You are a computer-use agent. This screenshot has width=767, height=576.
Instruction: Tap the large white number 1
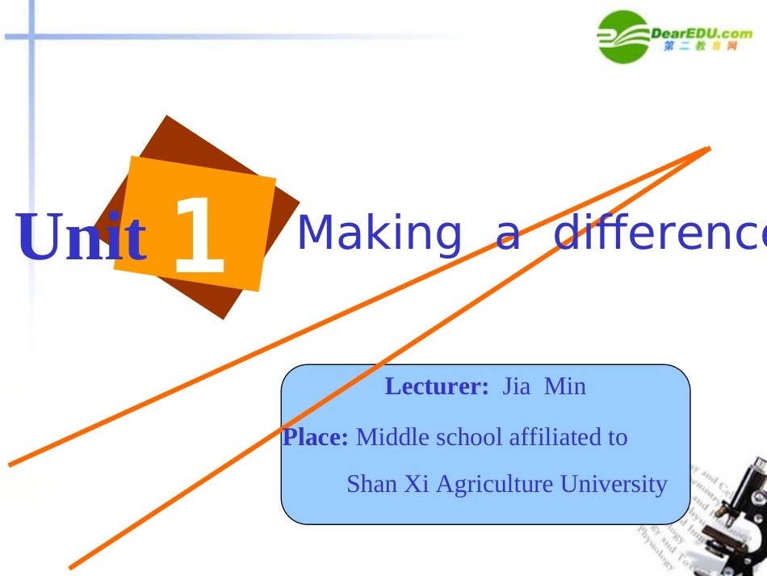point(199,236)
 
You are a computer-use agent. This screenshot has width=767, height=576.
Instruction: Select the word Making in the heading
point(379,233)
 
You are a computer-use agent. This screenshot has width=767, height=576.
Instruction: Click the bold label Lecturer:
point(437,386)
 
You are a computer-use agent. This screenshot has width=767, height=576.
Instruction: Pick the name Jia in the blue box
point(517,386)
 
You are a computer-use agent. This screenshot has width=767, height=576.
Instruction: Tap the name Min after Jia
point(565,386)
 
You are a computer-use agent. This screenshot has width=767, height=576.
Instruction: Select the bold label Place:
point(315,437)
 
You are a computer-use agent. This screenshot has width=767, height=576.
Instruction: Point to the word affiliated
point(549,437)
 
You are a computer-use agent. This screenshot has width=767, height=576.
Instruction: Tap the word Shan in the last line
point(368,484)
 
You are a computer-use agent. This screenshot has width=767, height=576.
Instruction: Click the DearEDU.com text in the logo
point(701,32)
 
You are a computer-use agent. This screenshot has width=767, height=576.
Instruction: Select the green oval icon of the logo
point(622,36)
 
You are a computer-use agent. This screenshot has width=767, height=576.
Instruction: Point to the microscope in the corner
point(739,517)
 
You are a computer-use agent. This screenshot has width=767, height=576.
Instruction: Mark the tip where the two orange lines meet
point(709,148)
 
